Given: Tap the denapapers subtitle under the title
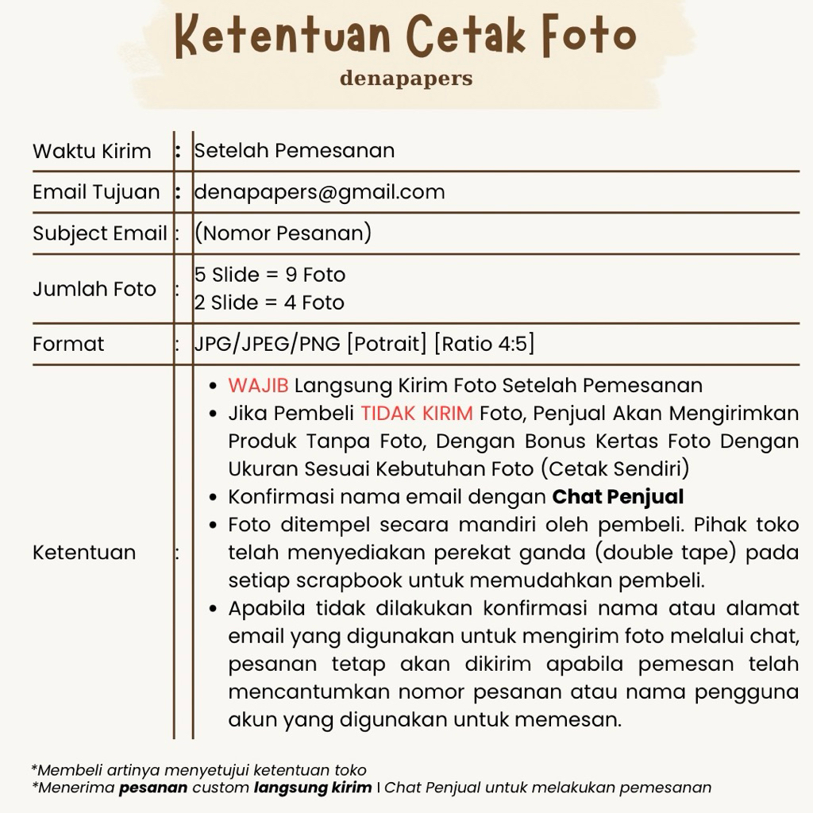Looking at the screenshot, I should (406, 79).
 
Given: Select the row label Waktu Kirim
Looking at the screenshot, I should (91, 151).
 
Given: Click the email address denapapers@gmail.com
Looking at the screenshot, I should (319, 192).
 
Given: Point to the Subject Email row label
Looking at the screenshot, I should (99, 233).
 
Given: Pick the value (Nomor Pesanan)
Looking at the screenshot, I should (283, 233).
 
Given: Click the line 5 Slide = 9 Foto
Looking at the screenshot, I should (270, 275).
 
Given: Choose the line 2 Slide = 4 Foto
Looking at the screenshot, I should (269, 302).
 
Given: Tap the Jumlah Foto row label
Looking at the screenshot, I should (94, 289).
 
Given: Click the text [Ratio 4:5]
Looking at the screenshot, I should (484, 344).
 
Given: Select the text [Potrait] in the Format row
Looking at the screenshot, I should (387, 344).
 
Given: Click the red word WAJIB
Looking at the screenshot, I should (258, 386).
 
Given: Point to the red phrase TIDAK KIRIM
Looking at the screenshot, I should (416, 414).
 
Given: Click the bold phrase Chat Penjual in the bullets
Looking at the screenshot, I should (618, 497).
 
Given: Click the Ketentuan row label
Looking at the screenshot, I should (83, 553).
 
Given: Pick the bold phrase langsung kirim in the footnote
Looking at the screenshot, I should (312, 788).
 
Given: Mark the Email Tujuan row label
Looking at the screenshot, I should (95, 192).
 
